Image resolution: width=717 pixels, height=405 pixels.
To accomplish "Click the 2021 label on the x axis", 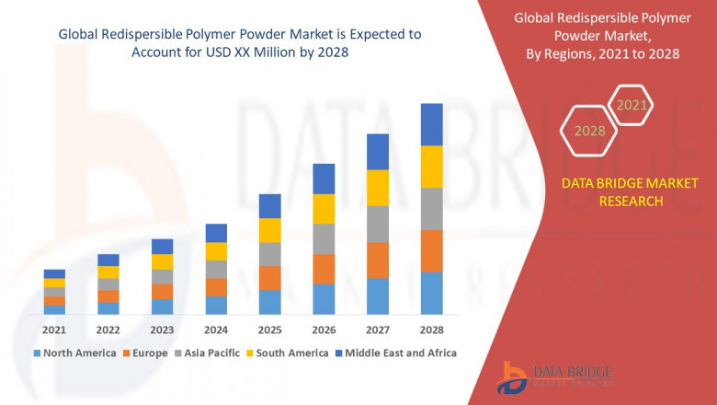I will [54, 330].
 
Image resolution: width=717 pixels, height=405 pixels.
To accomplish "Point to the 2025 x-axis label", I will [269, 330].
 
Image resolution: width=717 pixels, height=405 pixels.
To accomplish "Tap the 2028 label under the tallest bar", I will [431, 330].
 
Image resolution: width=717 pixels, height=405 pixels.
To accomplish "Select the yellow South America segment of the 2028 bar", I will [431, 167].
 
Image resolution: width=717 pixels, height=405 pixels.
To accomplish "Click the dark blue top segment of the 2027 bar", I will [377, 152].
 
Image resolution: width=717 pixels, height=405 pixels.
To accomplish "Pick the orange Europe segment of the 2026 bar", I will [324, 269].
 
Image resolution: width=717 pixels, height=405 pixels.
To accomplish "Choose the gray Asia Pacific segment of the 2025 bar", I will [269, 254].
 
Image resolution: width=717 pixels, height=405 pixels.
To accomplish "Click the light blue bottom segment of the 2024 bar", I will [216, 306].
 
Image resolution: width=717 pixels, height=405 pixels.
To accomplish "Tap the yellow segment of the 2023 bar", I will [162, 261].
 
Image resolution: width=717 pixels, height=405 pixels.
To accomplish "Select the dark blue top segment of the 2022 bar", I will [108, 260].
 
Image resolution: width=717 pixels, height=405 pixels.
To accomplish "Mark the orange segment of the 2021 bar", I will [54, 301].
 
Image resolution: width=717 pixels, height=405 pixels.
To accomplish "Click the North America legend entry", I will [74, 353].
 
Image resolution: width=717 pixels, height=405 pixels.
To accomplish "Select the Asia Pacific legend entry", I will [209, 353].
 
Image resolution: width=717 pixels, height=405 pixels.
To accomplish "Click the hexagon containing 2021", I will [632, 106].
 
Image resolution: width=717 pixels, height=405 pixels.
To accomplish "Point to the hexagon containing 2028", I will [589, 132].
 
